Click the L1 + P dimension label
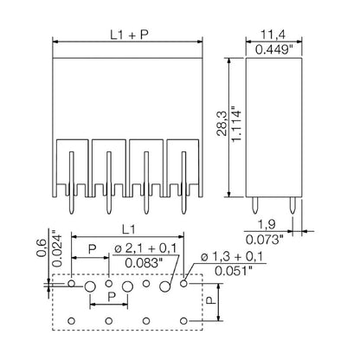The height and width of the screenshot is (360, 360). pos(127,35)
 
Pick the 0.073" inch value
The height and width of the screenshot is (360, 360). pos(271,237)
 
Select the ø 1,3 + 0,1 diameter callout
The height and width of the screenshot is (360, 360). pos(233,256)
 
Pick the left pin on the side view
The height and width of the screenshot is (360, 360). pos(257,205)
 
